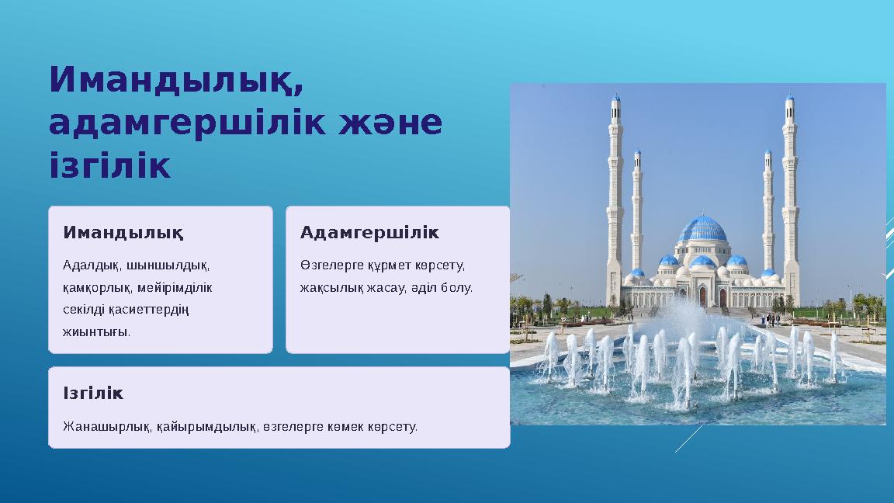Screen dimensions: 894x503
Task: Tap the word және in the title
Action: pyautogui.click(x=390, y=123)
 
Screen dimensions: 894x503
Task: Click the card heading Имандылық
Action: pyautogui.click(x=123, y=233)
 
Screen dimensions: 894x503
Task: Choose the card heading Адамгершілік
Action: pyautogui.click(x=369, y=232)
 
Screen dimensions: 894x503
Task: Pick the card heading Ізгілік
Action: pyautogui.click(x=93, y=393)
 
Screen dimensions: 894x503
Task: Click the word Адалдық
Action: pyautogui.click(x=92, y=265)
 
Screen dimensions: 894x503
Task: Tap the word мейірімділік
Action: pyautogui.click(x=175, y=288)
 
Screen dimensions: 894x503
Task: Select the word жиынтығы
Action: pyautogui.click(x=96, y=332)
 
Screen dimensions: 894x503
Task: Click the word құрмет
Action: pyautogui.click(x=389, y=265)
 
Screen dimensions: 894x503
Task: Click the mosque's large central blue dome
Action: pyautogui.click(x=702, y=229)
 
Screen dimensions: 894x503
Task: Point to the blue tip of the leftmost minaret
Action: pyautogui.click(x=615, y=99)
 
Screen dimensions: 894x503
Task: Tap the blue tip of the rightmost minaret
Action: pyautogui.click(x=790, y=99)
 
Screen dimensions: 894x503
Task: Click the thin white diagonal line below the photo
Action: pyautogui.click(x=689, y=439)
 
